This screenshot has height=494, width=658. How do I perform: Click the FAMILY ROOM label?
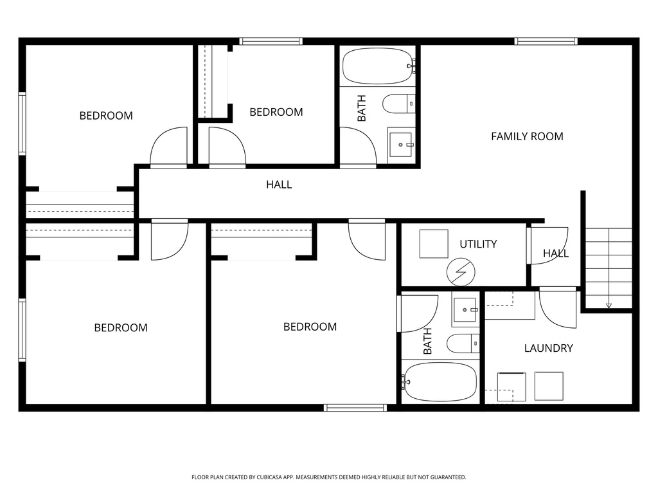tap(527, 136)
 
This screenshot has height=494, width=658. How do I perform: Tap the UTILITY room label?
tap(477, 244)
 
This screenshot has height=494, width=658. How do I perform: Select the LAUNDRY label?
tap(548, 348)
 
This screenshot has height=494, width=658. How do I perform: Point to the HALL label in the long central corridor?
tap(279, 185)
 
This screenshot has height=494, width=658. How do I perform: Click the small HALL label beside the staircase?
tap(555, 253)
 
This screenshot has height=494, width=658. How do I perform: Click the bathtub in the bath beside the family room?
tap(377, 66)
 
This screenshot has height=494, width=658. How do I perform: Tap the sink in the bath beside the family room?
tap(401, 145)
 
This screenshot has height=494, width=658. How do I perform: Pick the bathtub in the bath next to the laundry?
tap(440, 381)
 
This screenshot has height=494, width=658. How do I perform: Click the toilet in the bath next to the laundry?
tap(463, 343)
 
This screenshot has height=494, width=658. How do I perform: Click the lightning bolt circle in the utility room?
tap(461, 273)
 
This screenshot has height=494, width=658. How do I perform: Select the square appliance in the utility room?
tap(434, 244)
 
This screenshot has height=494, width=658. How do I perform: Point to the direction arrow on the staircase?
tap(609, 305)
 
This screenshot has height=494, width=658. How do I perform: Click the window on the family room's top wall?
tap(546, 42)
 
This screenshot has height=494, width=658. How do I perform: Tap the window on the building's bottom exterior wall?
tap(355, 407)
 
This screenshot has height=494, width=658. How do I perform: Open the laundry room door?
tap(558, 307)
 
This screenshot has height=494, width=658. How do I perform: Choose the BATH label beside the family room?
tap(362, 108)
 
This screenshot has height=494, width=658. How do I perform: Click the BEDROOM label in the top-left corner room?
tap(106, 116)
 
